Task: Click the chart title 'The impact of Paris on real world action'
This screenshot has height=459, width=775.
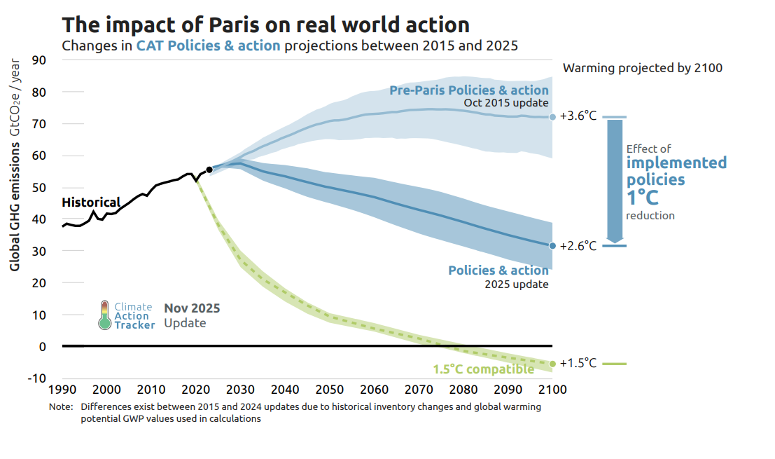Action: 265,25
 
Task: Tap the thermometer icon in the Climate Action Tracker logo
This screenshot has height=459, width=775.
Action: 104,315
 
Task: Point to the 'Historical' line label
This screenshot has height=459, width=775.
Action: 91,203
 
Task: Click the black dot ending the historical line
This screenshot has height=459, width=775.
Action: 209,170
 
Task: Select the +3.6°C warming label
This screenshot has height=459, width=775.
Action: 578,116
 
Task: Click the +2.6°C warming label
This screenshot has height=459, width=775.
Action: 578,246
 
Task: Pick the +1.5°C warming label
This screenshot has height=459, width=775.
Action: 578,363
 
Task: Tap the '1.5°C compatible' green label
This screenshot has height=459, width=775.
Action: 483,369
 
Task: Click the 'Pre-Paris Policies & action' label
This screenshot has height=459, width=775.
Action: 469,90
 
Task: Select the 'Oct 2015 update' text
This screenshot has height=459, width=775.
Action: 505,103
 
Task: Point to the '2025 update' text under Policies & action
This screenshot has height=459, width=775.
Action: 516,284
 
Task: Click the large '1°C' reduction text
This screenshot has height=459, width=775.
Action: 643,198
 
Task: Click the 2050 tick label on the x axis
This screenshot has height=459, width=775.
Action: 329,389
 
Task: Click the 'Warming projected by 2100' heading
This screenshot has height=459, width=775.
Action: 642,68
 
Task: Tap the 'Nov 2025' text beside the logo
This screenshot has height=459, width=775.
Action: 192,308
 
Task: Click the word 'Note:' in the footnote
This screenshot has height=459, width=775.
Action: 61,406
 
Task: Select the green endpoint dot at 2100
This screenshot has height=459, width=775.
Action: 552,364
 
